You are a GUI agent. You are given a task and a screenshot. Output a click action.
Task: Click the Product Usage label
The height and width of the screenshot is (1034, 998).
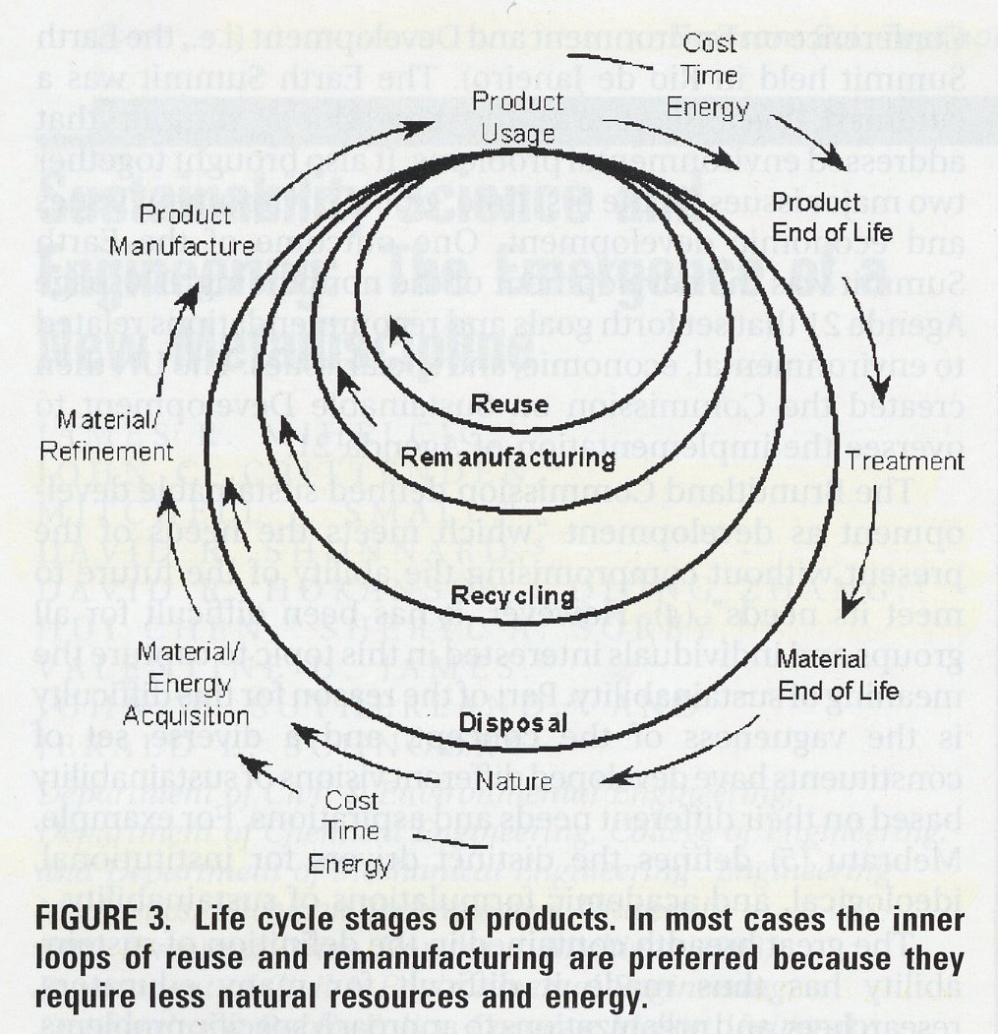point(518,117)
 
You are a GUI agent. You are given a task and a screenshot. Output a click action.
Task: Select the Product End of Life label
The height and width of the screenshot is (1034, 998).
point(832,216)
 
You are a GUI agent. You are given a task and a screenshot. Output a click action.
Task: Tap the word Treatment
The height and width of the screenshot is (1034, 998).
point(905,461)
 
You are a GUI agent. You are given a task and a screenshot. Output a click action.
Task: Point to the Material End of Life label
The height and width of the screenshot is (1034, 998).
point(822,674)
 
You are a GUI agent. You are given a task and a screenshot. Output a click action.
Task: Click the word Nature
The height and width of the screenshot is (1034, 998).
point(512,782)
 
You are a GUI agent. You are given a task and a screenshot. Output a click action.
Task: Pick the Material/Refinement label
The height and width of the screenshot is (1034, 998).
point(115,437)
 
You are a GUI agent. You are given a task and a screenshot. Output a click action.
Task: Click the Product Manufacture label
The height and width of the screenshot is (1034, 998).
point(182,230)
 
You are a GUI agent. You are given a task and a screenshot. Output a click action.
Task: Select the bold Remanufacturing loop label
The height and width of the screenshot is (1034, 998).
point(508,457)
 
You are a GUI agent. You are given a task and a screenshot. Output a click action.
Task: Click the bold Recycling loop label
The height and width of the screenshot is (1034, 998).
point(512,595)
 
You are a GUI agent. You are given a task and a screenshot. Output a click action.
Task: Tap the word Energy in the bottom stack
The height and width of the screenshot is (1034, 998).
point(349,866)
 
